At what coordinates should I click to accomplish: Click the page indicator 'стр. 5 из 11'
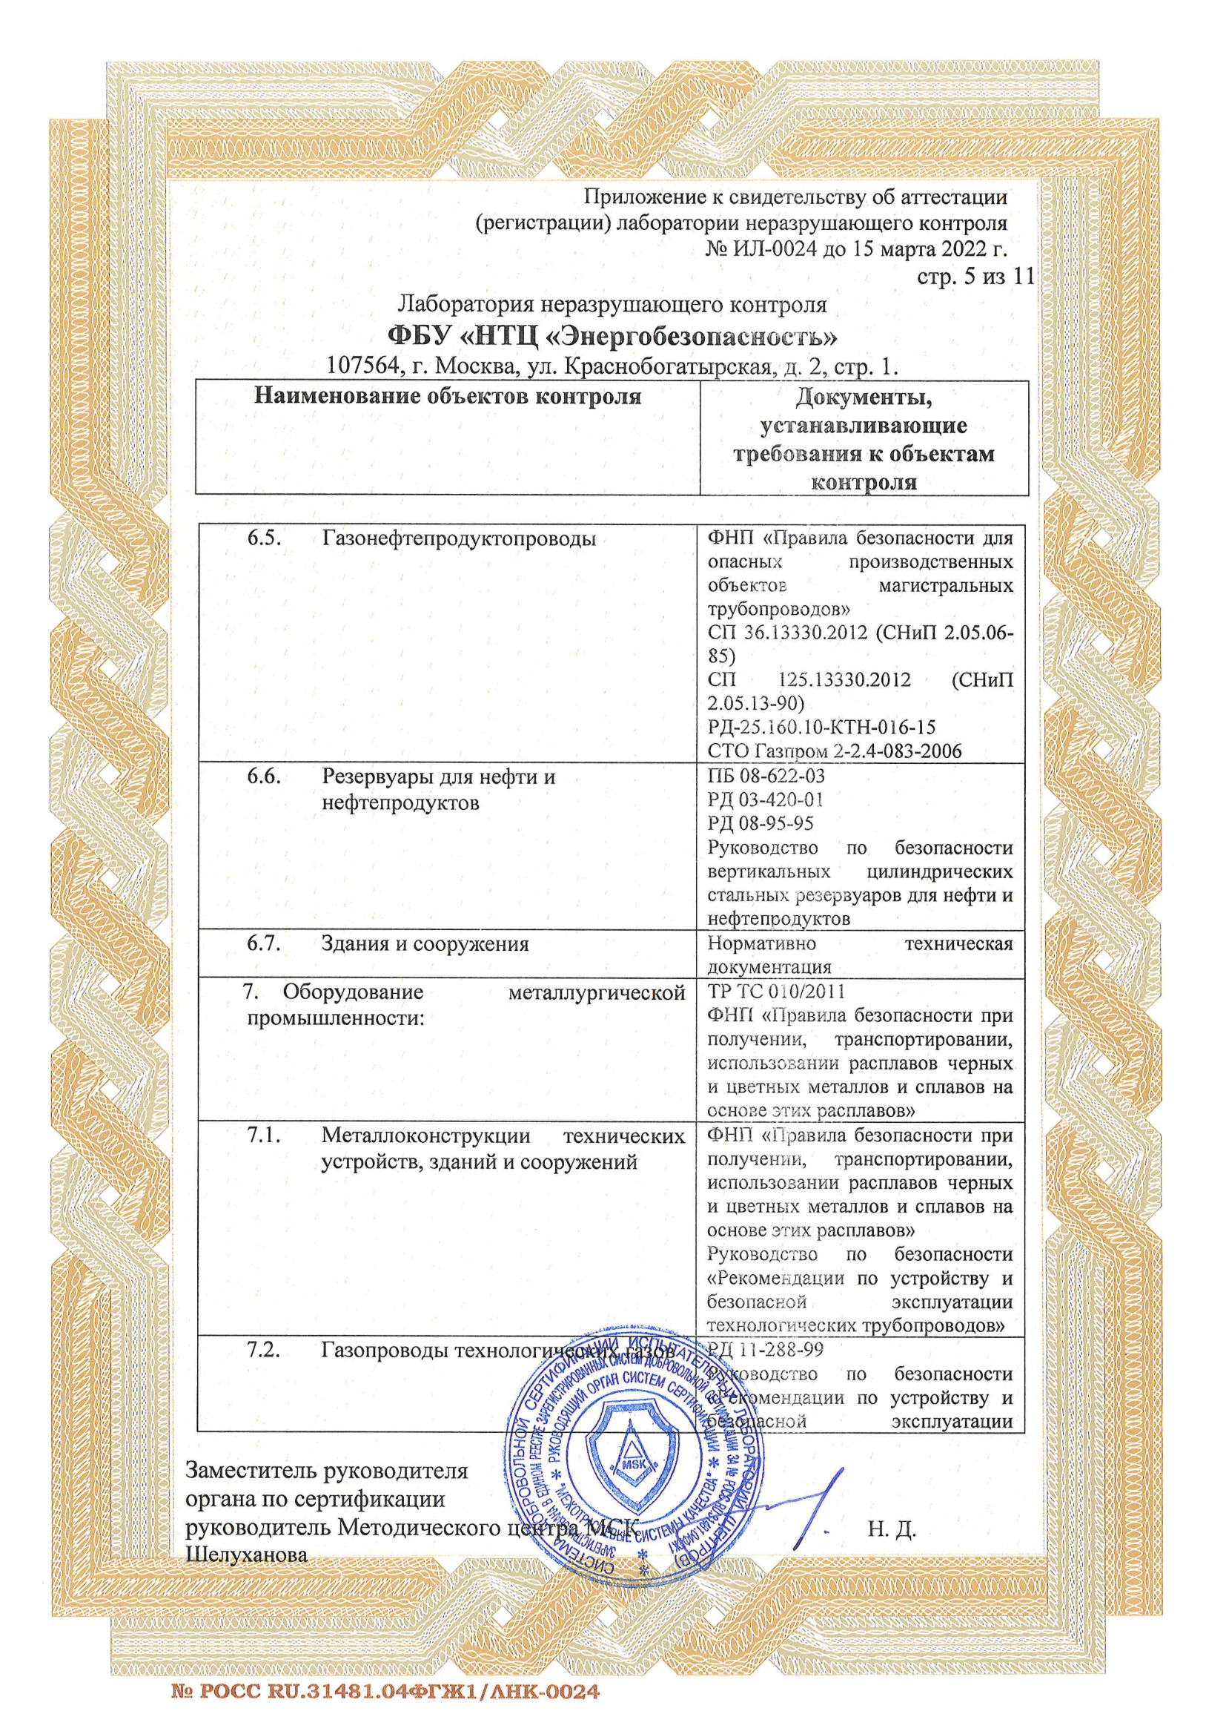975,277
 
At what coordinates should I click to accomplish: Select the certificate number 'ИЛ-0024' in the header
772,248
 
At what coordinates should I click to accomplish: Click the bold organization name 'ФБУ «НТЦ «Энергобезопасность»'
612,334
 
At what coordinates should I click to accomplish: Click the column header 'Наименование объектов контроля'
447,397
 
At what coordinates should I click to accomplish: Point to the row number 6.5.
264,538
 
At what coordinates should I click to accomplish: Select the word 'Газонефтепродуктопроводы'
458,539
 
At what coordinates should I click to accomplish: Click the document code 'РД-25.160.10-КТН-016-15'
821,728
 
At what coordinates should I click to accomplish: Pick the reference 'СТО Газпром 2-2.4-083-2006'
834,751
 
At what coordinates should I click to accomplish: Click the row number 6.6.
264,777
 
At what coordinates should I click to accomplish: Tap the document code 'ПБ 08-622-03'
766,776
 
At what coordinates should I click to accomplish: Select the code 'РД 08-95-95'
761,823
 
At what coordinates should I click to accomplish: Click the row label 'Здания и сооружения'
424,944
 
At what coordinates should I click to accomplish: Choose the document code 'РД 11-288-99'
765,1350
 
